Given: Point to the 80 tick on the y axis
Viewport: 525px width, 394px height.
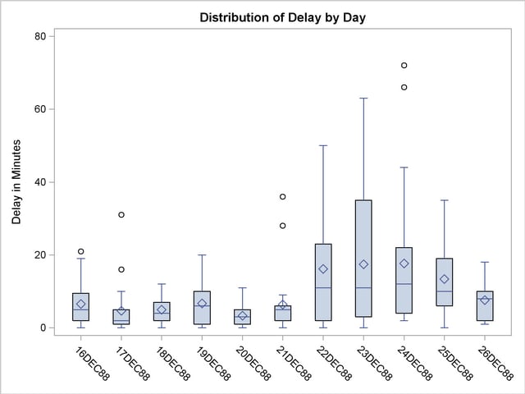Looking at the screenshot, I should tap(44, 36).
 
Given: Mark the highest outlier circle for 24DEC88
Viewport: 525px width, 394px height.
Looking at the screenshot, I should tap(404, 66).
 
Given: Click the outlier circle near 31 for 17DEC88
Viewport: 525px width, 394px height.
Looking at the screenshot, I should tap(121, 215).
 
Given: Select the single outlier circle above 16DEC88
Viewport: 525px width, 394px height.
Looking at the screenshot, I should tap(81, 251).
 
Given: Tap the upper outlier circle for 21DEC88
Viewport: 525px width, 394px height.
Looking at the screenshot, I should tap(283, 197).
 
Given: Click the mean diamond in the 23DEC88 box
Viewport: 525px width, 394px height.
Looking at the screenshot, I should tap(363, 264).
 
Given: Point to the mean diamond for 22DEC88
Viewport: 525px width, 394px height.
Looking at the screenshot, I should tap(323, 269).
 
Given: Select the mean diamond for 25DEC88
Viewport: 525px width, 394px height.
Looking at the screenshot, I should tap(445, 279).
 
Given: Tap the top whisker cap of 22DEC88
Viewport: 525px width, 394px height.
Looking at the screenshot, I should tap(323, 145).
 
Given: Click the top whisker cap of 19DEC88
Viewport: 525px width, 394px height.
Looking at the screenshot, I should tap(202, 255).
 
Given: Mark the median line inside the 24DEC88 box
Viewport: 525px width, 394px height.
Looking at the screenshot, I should tap(404, 284).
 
